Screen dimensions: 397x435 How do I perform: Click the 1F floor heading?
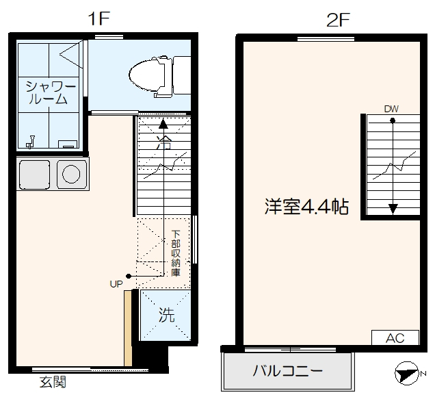click(99, 19)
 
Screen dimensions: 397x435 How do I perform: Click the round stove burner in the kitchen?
click(70, 174)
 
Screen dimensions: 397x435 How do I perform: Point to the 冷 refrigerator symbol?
click(162, 144)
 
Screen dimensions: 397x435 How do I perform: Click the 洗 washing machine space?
click(166, 316)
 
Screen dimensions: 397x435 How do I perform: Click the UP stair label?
click(116, 282)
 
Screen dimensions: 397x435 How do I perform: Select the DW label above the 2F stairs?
click(391, 108)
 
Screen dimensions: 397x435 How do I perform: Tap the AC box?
click(395, 338)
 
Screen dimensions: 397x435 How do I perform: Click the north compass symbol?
click(408, 374)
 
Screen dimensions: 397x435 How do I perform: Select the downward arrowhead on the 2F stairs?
click(393, 209)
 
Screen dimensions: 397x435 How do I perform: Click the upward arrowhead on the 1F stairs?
click(163, 125)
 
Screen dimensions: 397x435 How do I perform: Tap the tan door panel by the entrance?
click(127, 329)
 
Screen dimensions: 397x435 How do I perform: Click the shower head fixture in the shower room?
click(30, 143)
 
